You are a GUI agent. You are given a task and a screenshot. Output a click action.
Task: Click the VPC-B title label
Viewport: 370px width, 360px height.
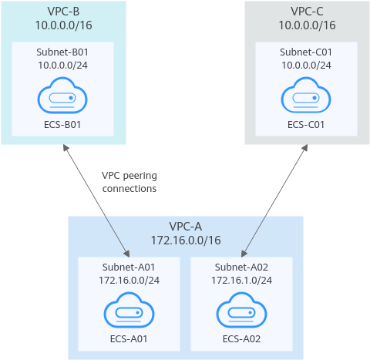[x=63, y=12]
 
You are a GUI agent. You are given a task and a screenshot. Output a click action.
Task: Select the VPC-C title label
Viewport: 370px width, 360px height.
[x=307, y=12]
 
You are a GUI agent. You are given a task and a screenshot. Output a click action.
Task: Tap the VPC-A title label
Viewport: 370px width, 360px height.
[x=186, y=227]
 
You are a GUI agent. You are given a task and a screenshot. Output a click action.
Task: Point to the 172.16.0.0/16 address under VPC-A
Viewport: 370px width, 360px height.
[x=186, y=241]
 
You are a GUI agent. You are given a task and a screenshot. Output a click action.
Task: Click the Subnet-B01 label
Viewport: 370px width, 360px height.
[x=62, y=52]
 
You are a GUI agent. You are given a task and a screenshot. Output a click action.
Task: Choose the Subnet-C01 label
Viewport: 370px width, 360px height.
[x=306, y=52]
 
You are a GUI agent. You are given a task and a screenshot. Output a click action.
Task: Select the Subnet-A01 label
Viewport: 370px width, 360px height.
[x=129, y=267]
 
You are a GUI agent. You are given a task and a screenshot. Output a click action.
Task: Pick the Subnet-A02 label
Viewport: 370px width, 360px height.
[x=241, y=267]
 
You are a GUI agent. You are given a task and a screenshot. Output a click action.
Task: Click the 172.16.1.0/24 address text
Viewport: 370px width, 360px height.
[x=241, y=280]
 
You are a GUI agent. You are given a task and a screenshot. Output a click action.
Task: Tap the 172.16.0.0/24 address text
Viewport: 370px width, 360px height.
[x=129, y=280]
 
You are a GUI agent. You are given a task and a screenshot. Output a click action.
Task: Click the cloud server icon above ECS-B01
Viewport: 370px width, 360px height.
[x=62, y=96]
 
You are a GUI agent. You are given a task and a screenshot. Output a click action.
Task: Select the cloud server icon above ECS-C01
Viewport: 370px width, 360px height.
[x=306, y=96]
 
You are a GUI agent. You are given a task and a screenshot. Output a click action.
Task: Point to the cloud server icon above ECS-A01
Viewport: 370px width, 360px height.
[x=129, y=310]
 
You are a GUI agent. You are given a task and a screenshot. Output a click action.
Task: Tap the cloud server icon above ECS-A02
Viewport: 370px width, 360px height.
[x=241, y=310]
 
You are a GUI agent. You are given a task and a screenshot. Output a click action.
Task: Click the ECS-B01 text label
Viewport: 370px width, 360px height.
[x=62, y=125]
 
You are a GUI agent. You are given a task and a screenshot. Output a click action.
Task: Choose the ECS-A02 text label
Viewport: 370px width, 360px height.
[x=241, y=339]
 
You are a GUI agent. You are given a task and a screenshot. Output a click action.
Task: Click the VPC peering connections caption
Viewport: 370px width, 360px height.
[x=129, y=182]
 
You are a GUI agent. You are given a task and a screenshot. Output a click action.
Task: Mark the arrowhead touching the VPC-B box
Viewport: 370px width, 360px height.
[x=66, y=147]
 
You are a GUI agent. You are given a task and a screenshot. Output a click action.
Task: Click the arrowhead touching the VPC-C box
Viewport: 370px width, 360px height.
[x=305, y=147]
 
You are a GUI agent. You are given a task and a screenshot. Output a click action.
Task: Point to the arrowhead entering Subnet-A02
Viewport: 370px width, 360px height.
[x=244, y=254]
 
